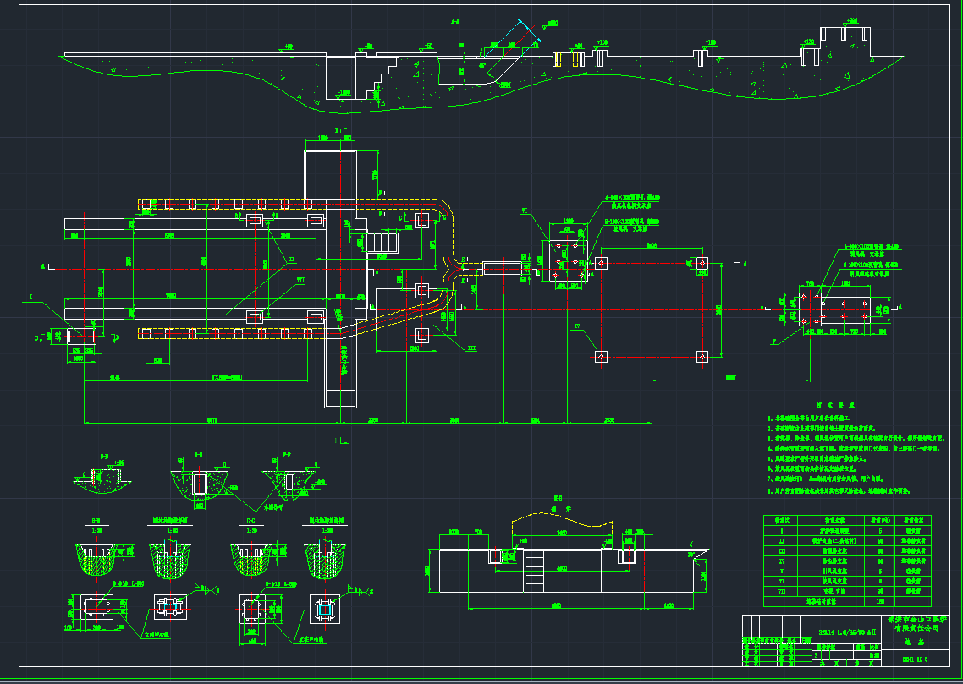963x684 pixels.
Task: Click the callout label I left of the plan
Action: [31, 298]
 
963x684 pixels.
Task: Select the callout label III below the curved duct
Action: [472, 347]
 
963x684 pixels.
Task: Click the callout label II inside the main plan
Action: [291, 259]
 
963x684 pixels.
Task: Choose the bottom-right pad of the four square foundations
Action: [702, 357]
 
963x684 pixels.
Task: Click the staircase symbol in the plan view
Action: [383, 243]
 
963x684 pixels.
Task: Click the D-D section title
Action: [104, 457]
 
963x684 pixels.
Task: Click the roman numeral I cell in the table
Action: [781, 531]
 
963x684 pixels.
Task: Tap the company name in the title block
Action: [919, 623]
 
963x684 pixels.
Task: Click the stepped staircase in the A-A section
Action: [385, 68]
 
